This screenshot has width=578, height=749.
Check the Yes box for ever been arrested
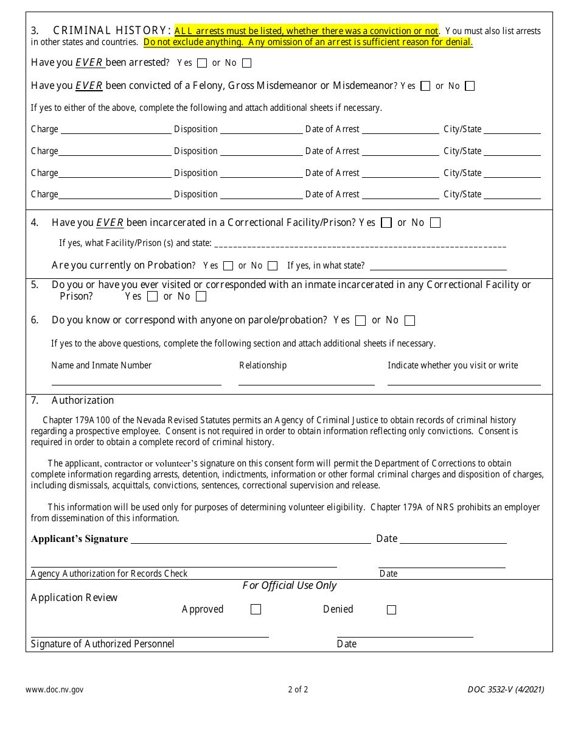202,63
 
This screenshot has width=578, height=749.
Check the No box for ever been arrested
246,63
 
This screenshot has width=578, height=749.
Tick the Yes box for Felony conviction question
425,86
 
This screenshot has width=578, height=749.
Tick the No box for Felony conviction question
470,86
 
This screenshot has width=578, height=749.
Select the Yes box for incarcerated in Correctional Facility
386,223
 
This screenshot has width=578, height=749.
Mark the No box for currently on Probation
273,265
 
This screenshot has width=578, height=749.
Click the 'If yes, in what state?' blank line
438,266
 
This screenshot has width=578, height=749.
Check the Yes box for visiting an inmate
152,297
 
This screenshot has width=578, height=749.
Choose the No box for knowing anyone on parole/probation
409,320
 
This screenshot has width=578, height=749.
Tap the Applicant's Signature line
251,539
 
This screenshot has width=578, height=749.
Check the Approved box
256,610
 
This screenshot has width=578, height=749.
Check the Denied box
391,610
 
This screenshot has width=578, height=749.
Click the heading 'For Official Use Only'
289,585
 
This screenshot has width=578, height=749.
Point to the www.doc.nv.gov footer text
55,689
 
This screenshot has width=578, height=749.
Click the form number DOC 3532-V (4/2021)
506,689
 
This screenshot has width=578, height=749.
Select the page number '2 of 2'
298,689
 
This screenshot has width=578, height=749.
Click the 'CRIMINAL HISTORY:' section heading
112,30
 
